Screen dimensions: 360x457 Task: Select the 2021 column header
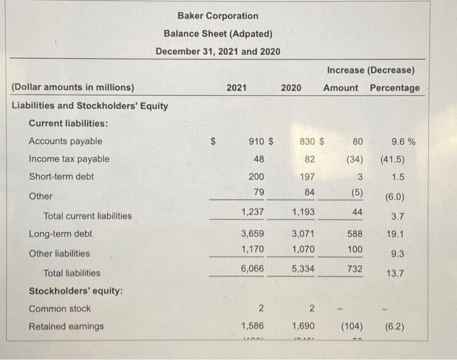pyautogui.click(x=236, y=87)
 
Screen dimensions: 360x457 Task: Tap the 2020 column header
pyautogui.click(x=291, y=87)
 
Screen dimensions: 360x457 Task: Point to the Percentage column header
pyautogui.click(x=394, y=87)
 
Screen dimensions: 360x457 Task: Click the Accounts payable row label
pyautogui.click(x=65, y=141)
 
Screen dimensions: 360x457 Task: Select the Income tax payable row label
pyautogui.click(x=69, y=158)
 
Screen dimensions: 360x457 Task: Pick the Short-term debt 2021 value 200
pyautogui.click(x=257, y=176)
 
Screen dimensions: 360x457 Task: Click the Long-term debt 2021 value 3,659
pyautogui.click(x=253, y=233)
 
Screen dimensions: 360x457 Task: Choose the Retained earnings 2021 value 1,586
pyautogui.click(x=253, y=325)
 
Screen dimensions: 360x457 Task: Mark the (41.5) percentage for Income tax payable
pyautogui.click(x=392, y=159)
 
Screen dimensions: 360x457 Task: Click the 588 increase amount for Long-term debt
pyautogui.click(x=354, y=233)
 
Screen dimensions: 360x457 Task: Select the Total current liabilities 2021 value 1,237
pyautogui.click(x=253, y=211)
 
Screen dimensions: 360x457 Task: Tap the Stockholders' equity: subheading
pyautogui.click(x=76, y=291)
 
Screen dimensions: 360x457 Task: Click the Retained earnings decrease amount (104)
pyautogui.click(x=353, y=325)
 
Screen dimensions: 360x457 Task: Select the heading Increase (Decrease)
pyautogui.click(x=371, y=70)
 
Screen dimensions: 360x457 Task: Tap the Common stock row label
pyautogui.click(x=60, y=308)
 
